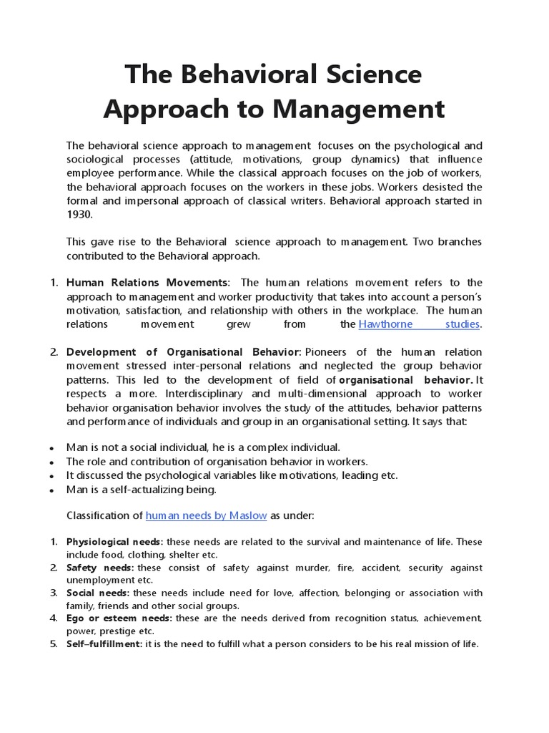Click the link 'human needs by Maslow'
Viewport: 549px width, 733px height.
(206, 515)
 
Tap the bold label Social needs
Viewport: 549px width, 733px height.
(98, 593)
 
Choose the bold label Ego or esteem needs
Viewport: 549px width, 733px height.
(119, 618)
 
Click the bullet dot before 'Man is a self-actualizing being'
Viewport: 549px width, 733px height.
(52, 490)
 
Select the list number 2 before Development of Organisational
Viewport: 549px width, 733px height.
(54, 352)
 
